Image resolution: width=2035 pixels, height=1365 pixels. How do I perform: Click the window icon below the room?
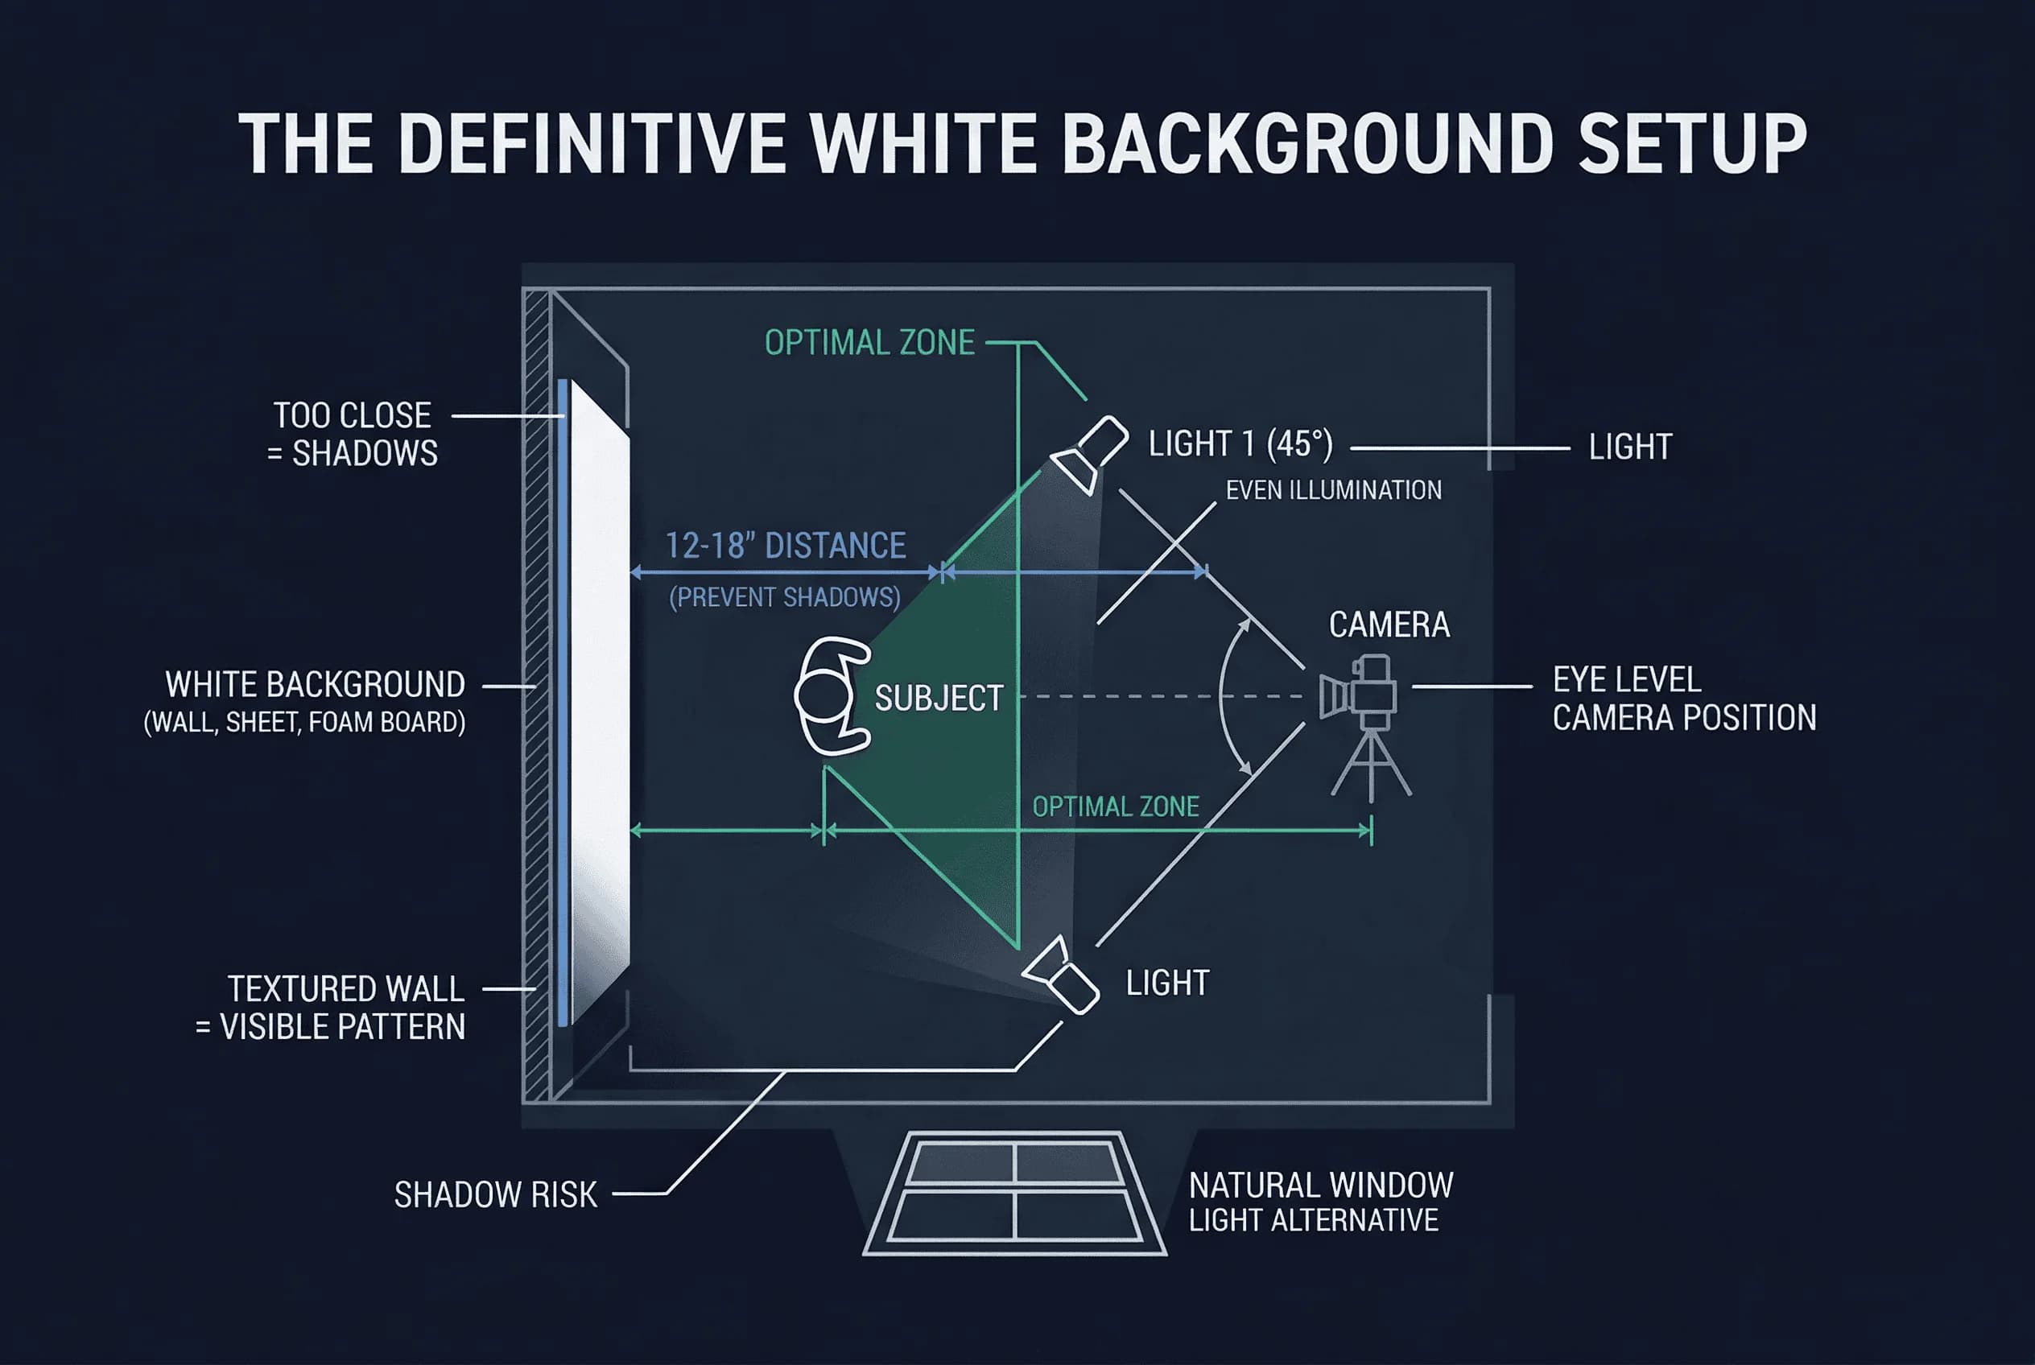pos(1014,1193)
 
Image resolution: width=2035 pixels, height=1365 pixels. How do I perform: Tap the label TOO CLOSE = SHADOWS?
pos(353,434)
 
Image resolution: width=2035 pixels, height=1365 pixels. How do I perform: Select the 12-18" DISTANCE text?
pos(786,546)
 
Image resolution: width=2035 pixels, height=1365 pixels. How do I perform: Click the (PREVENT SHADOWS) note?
pos(785,597)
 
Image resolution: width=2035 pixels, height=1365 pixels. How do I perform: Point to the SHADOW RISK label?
pos(496,1194)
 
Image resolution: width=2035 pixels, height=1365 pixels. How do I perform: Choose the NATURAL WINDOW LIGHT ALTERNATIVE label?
pos(1320,1202)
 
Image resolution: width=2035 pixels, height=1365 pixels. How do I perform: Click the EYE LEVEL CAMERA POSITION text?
pos(1683,699)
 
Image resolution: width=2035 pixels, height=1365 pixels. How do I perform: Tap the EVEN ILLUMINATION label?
pos(1333,490)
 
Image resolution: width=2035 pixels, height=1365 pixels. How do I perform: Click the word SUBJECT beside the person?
pos(939,698)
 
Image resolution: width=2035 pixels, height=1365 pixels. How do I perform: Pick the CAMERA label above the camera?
pos(1389,625)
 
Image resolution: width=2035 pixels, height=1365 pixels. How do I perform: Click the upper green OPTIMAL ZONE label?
pos(869,343)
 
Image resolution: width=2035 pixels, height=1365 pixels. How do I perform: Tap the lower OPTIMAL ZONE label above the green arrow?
pos(1116,807)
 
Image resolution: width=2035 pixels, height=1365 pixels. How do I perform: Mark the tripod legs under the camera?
pos(1372,766)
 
